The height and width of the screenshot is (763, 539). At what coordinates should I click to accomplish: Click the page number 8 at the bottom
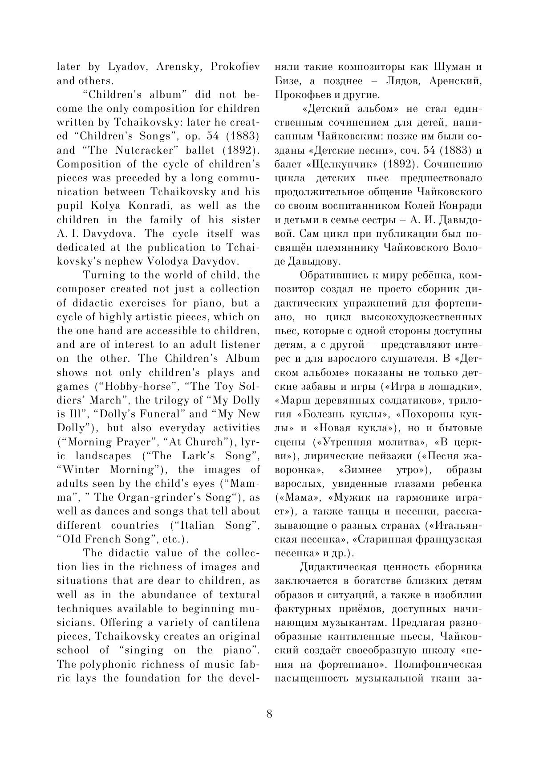tap(269, 714)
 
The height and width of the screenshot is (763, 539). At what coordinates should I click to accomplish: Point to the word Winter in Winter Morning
tap(81, 469)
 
